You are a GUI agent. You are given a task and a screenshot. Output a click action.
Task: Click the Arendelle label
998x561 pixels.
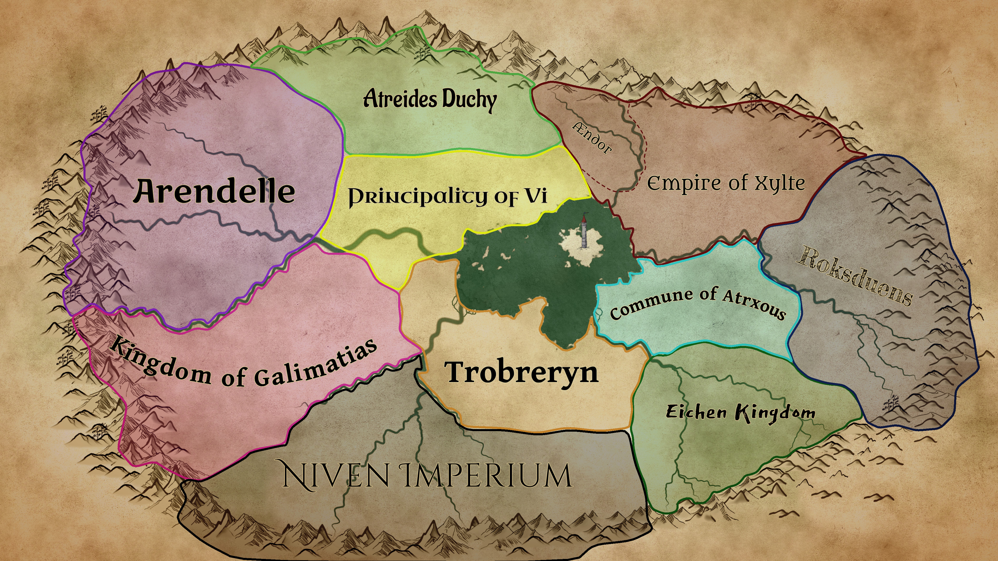point(214,191)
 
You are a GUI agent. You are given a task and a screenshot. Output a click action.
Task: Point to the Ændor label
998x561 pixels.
point(592,138)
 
